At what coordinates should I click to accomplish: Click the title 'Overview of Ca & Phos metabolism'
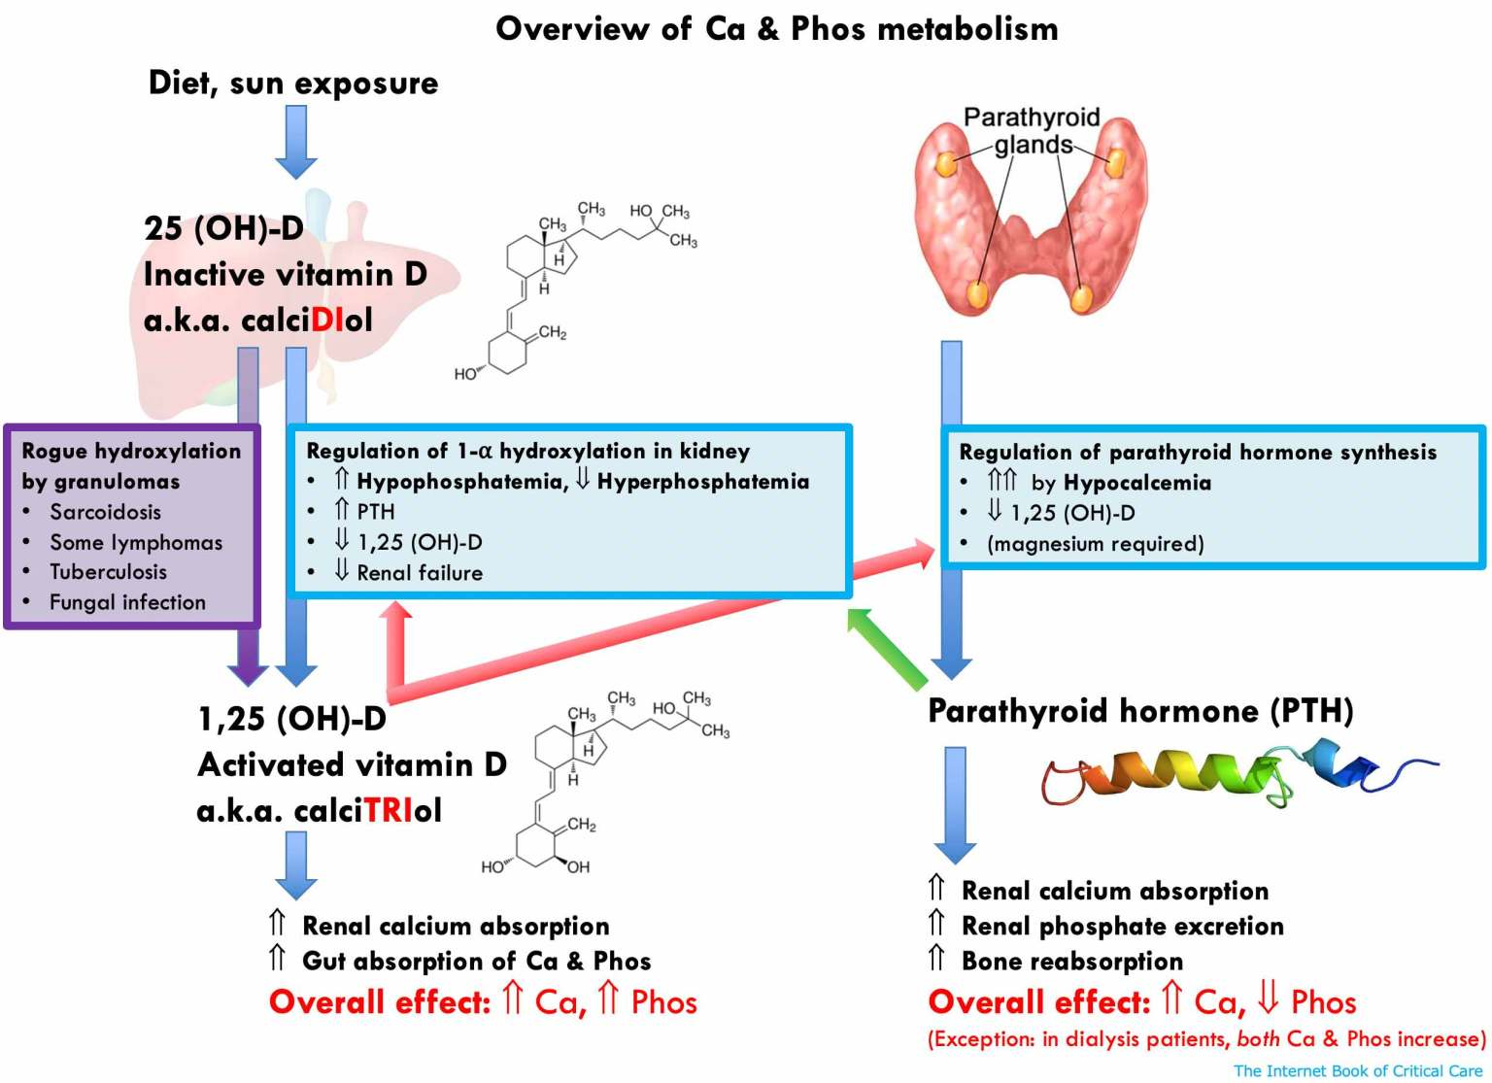click(776, 29)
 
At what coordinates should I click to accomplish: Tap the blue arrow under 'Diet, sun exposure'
click(295, 142)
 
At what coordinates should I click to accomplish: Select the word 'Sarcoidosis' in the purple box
click(105, 512)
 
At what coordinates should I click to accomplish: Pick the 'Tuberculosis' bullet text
click(108, 572)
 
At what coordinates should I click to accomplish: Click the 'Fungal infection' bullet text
click(127, 602)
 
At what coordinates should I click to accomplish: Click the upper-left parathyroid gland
click(945, 164)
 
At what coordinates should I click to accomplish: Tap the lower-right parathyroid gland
click(1081, 297)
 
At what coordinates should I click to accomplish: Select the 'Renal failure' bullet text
click(420, 573)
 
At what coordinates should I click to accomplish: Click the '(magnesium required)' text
click(1095, 544)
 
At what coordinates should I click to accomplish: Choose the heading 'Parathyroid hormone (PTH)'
click(1140, 711)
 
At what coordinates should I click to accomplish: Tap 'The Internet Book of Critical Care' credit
click(1357, 1070)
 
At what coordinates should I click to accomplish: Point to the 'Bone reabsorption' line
click(1071, 962)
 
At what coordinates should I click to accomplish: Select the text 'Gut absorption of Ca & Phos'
click(476, 962)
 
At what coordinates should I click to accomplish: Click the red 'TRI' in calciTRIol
click(389, 810)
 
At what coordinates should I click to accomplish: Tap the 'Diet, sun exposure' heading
click(292, 84)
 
